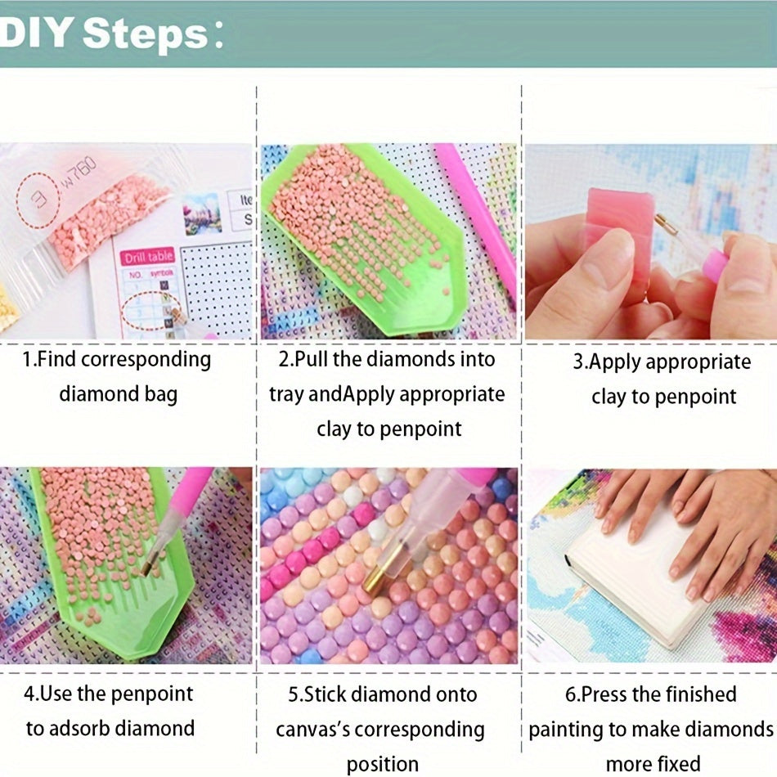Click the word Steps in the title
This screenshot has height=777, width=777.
coord(146,34)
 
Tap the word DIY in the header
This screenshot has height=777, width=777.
coord(36,33)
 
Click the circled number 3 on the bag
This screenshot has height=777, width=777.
coord(38,200)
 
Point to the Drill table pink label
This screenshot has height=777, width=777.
coord(148,257)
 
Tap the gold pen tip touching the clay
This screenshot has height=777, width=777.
coord(666,223)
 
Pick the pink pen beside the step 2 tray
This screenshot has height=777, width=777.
coord(477,218)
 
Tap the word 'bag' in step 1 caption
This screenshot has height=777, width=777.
coord(160,395)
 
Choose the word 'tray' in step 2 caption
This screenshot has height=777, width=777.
coord(286,395)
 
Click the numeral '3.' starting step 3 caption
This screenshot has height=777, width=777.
coord(580,362)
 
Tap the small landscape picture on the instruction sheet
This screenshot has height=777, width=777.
coord(202,213)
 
